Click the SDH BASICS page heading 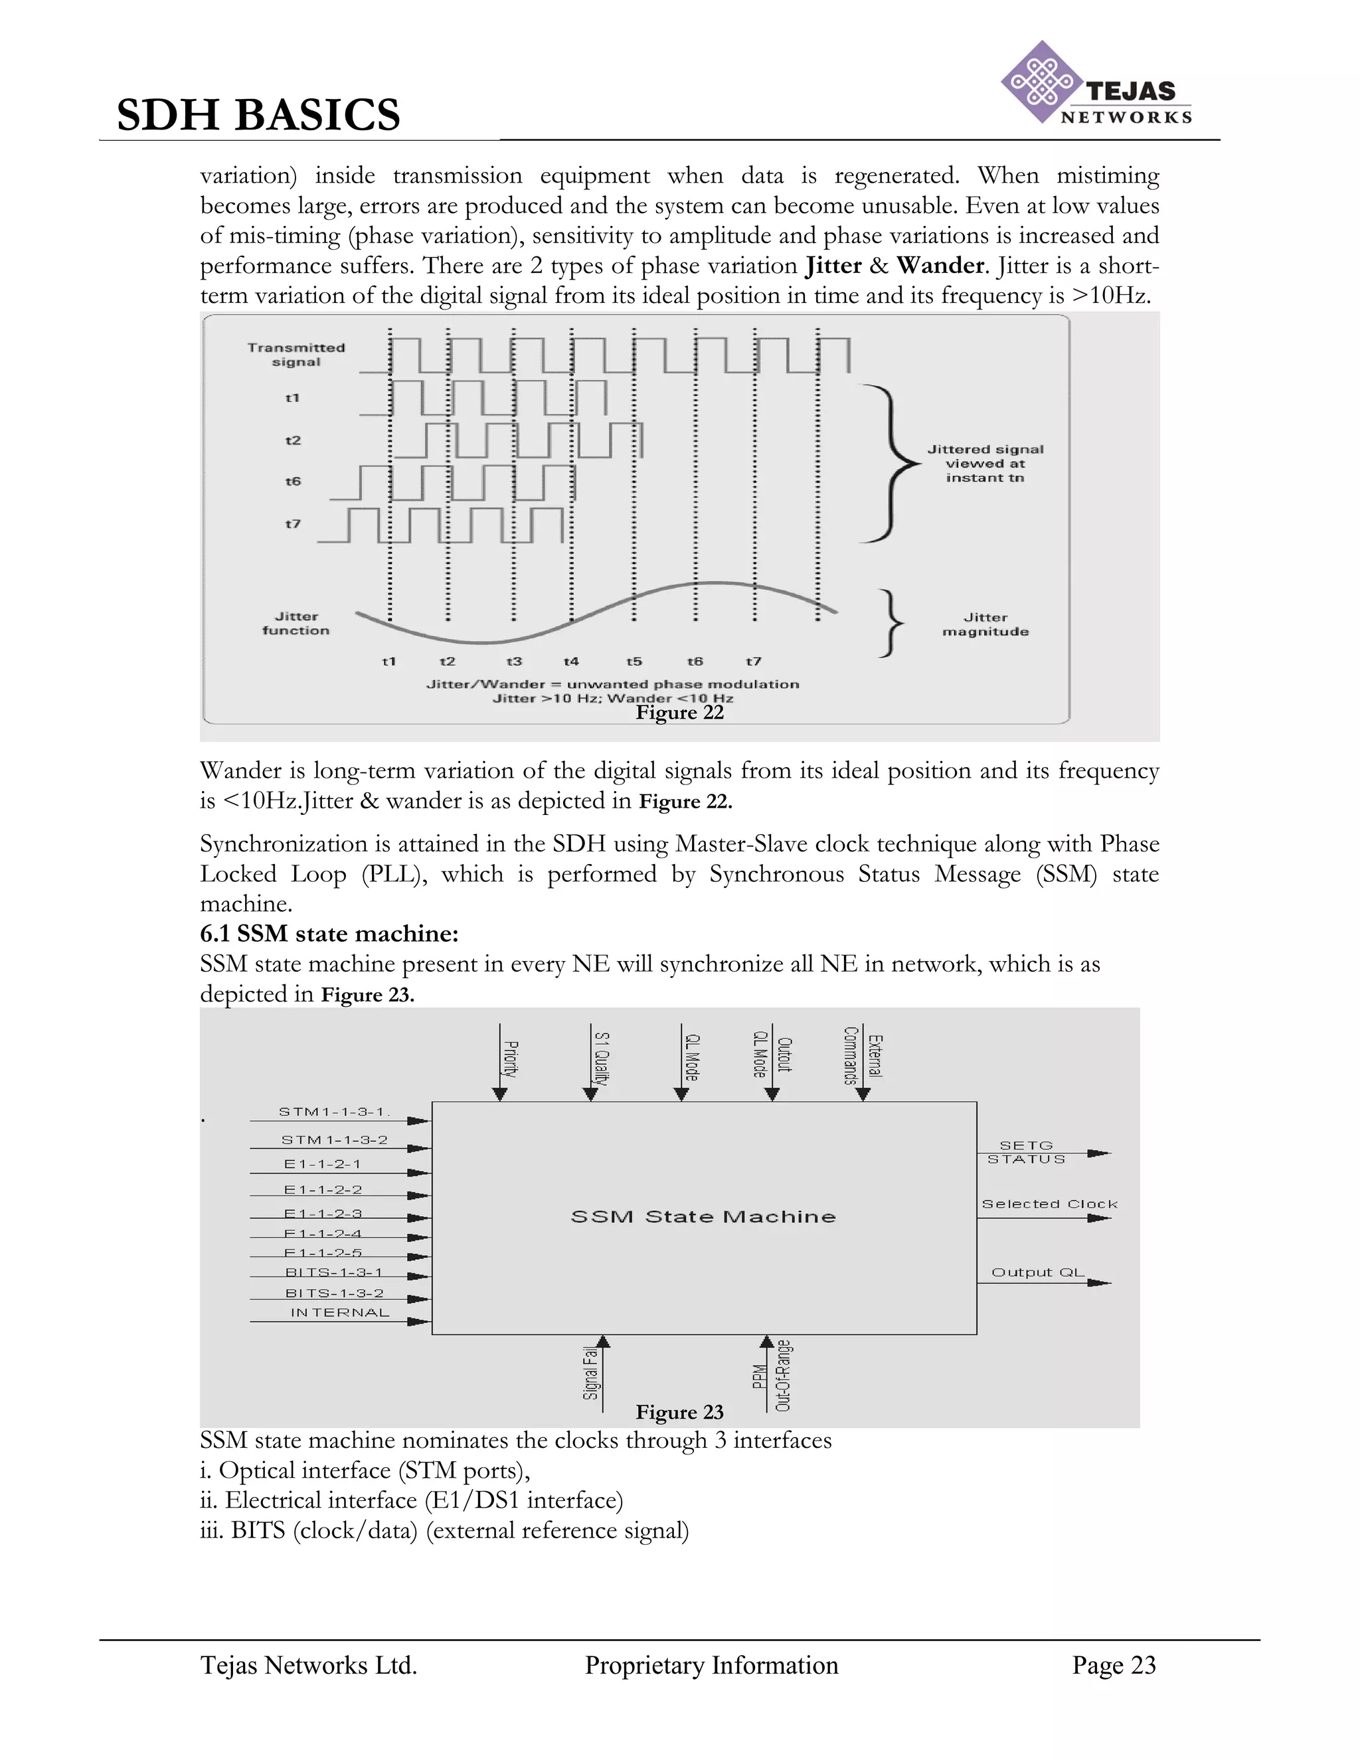pyautogui.click(x=258, y=114)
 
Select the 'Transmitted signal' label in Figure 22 pyautogui.click(x=296, y=355)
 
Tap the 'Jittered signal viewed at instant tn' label pyautogui.click(x=985, y=464)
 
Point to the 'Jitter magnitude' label pyautogui.click(x=985, y=624)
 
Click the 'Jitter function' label pyautogui.click(x=296, y=624)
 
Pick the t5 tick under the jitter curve pyautogui.click(x=634, y=661)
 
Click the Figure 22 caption pyautogui.click(x=679, y=713)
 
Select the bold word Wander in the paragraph pyautogui.click(x=940, y=266)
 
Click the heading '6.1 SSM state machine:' pyautogui.click(x=329, y=934)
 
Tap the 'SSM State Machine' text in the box pyautogui.click(x=703, y=1217)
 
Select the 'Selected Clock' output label pyautogui.click(x=1049, y=1204)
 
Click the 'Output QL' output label pyautogui.click(x=1038, y=1273)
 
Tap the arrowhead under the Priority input pyautogui.click(x=499, y=1094)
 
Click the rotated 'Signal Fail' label pyautogui.click(x=590, y=1373)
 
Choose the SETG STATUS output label pyautogui.click(x=1027, y=1152)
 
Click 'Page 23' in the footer pyautogui.click(x=1114, y=1666)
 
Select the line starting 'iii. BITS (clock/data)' pyautogui.click(x=444, y=1530)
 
